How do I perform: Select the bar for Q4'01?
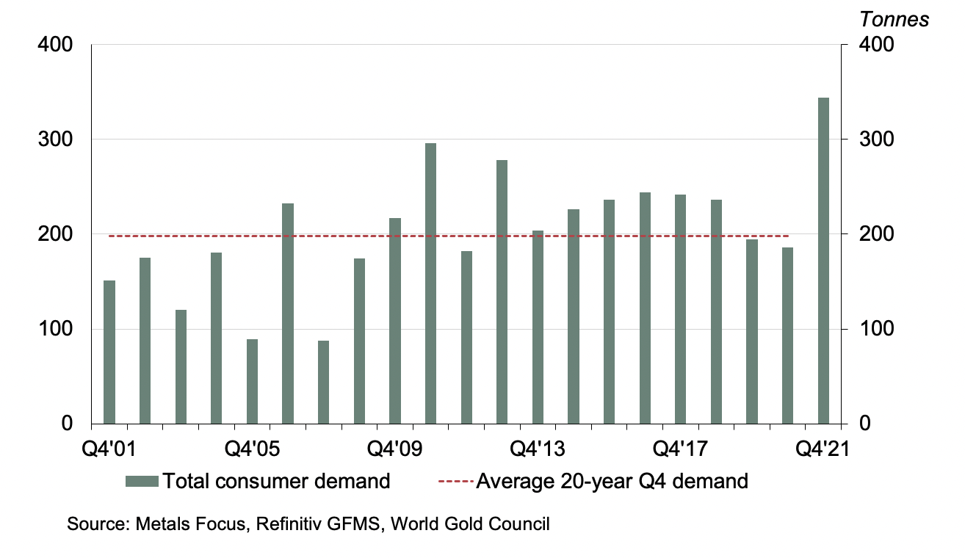(109, 352)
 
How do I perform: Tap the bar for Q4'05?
(252, 381)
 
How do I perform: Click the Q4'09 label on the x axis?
(395, 447)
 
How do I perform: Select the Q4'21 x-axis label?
(824, 447)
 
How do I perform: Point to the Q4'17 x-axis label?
(681, 447)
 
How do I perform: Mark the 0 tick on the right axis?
(856, 424)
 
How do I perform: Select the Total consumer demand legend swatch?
(142, 482)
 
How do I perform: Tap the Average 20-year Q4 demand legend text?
(612, 482)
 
